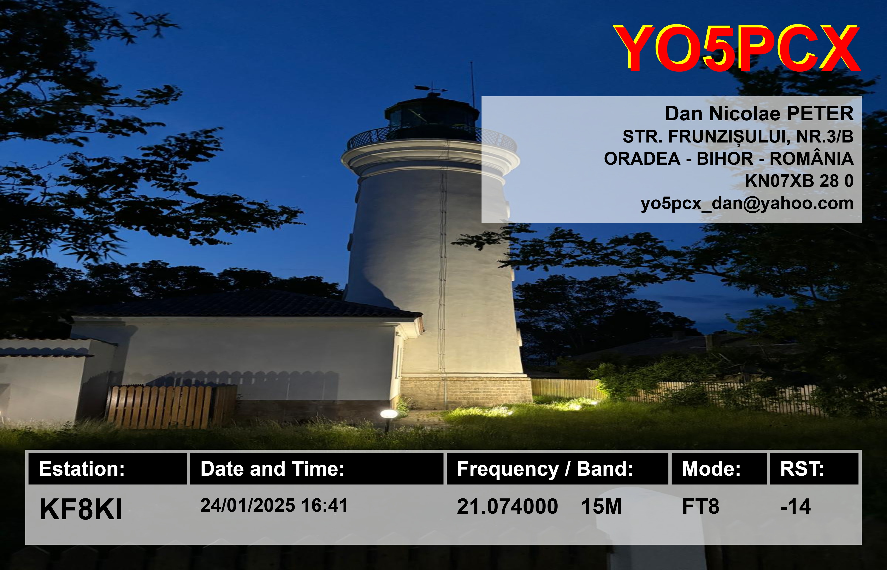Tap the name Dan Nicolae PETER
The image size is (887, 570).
(x=759, y=114)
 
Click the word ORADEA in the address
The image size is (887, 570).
(x=642, y=159)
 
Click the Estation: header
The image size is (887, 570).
(x=82, y=469)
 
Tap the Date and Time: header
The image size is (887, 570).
(x=272, y=469)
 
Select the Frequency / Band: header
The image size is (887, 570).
(x=545, y=469)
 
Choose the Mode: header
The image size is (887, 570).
(x=711, y=469)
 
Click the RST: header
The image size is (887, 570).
(x=802, y=469)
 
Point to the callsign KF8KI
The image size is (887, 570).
(x=81, y=509)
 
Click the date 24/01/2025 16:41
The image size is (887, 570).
(x=274, y=505)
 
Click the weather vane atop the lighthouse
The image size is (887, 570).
(x=431, y=89)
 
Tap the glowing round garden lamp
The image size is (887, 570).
(x=388, y=414)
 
